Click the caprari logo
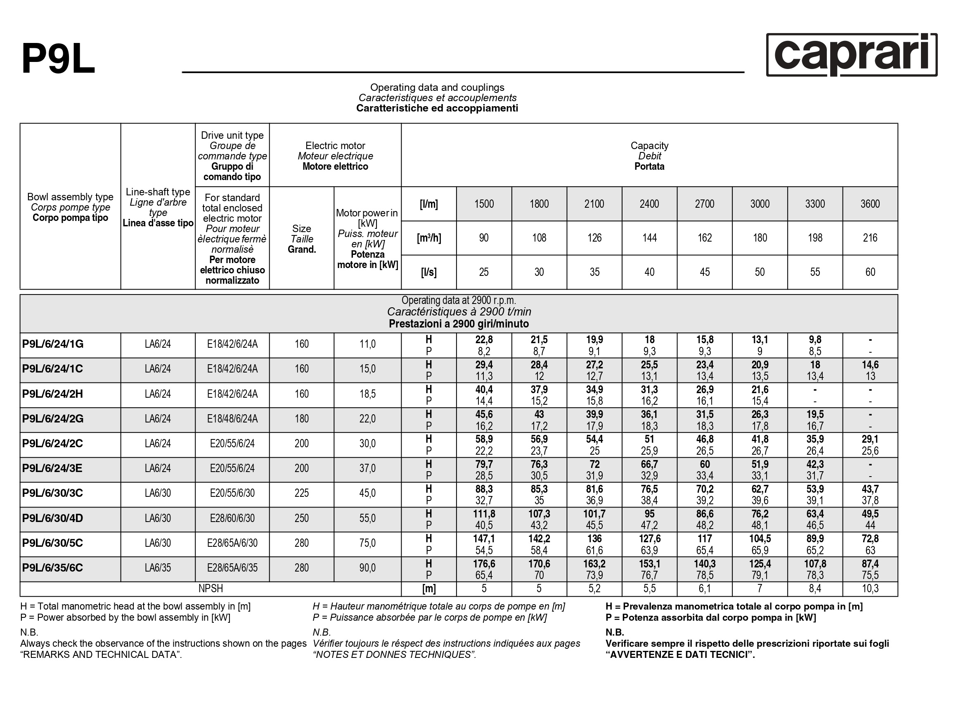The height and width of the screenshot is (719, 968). pyautogui.click(x=852, y=55)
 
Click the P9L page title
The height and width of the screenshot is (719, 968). pyautogui.click(x=58, y=59)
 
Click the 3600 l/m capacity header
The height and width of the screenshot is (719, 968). pyautogui.click(x=870, y=204)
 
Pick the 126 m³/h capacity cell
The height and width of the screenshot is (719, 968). pyautogui.click(x=594, y=237)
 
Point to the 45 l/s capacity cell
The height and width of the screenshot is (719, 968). pyautogui.click(x=704, y=272)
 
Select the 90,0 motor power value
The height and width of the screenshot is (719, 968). pyautogui.click(x=367, y=568)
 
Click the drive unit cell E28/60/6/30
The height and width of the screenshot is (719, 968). pyautogui.click(x=232, y=518)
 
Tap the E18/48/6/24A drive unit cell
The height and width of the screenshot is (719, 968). pyautogui.click(x=232, y=419)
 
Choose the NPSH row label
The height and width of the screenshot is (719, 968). pyautogui.click(x=211, y=589)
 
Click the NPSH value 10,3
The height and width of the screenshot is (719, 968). pyautogui.click(x=870, y=589)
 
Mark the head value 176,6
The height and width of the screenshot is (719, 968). pyautogui.click(x=484, y=564)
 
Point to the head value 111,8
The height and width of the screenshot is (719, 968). pyautogui.click(x=484, y=514)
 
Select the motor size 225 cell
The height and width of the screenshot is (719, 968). pyautogui.click(x=301, y=493)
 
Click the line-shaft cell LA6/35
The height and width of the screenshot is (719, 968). pyautogui.click(x=158, y=568)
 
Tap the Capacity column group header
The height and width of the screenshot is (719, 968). pyautogui.click(x=649, y=155)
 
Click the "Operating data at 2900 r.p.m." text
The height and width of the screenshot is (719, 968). pyautogui.click(x=459, y=300)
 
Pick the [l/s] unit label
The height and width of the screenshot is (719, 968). pyautogui.click(x=428, y=272)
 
